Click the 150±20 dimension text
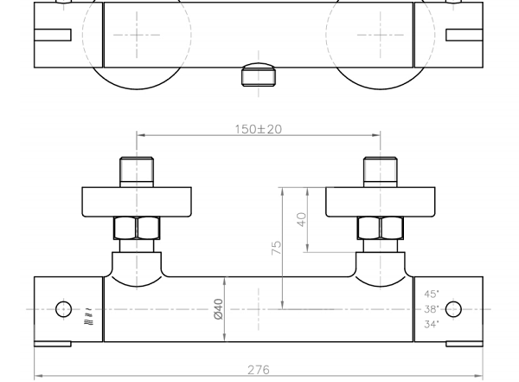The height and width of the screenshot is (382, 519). (258, 129)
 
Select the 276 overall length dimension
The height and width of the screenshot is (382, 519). (259, 370)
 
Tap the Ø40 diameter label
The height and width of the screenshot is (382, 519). (219, 309)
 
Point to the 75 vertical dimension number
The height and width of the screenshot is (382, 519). (276, 248)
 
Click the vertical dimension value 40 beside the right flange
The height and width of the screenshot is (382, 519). (302, 219)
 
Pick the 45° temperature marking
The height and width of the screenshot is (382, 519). (432, 294)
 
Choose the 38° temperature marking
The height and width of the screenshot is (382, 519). (432, 309)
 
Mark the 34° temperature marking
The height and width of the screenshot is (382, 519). (432, 324)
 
